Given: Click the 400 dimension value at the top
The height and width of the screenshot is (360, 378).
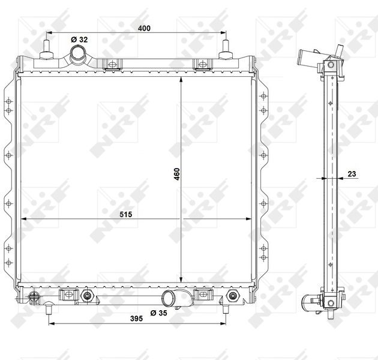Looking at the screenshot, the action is point(144,28).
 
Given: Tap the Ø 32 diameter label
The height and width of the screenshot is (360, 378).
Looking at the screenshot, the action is point(79,40).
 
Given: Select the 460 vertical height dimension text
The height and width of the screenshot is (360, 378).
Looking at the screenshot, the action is point(177,174).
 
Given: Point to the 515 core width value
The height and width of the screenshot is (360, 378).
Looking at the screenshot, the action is point(126,214).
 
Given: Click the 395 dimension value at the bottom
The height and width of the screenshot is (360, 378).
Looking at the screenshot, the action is point(136,319).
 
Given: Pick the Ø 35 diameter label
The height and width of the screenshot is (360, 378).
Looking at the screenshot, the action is point(158,313).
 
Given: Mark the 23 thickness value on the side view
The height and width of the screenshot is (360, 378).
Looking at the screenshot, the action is point(352,173).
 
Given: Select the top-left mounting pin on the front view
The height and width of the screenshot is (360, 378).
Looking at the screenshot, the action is point(46,49).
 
